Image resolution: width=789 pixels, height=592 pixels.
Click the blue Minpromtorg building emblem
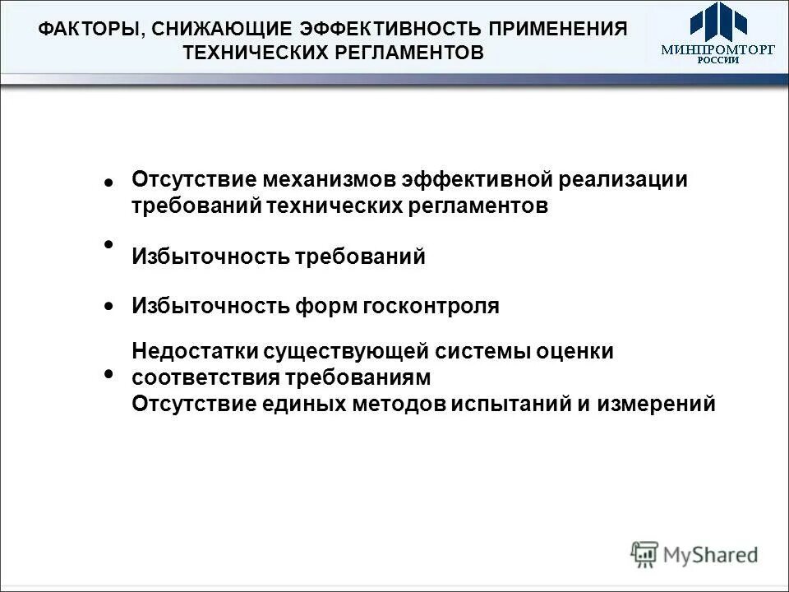click(x=717, y=22)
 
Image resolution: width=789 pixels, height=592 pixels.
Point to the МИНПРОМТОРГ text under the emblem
click(x=718, y=49)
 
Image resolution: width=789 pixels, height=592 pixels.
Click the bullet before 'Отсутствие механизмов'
click(x=108, y=183)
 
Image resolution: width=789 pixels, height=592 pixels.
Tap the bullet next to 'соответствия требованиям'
click(x=108, y=374)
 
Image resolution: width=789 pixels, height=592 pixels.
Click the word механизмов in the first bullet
click(x=330, y=179)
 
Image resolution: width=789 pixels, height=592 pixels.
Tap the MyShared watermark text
click(x=710, y=555)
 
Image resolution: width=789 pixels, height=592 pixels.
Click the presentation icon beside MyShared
click(x=645, y=554)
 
